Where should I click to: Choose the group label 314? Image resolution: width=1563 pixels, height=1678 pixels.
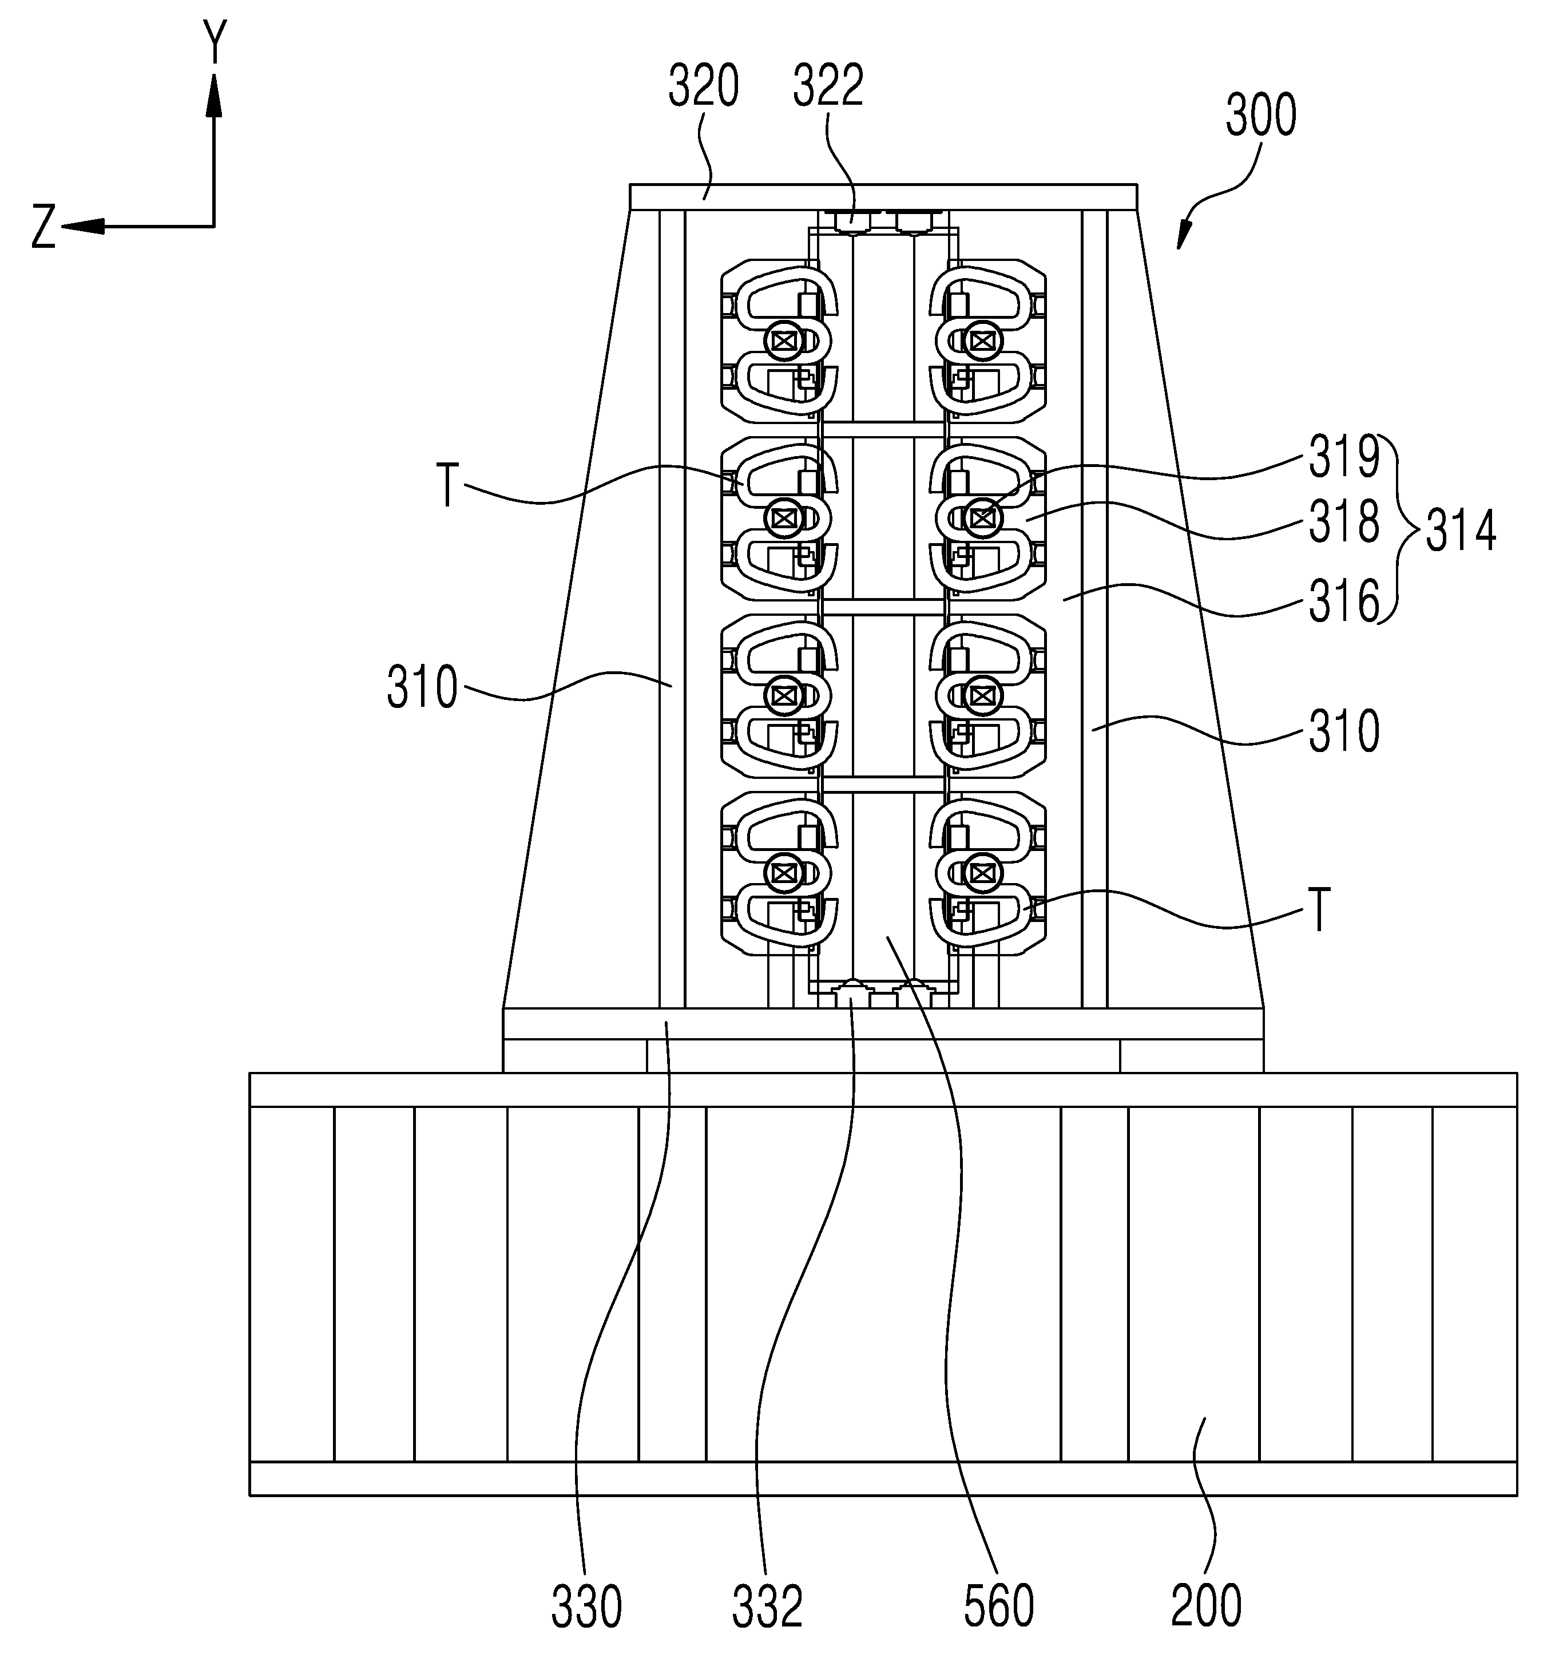pyautogui.click(x=1461, y=532)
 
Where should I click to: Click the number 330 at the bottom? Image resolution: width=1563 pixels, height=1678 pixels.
pyautogui.click(x=586, y=1605)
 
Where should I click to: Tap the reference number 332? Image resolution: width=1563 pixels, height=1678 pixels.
pyautogui.click(x=767, y=1605)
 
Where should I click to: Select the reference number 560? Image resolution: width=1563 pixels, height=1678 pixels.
pyautogui.click(x=998, y=1605)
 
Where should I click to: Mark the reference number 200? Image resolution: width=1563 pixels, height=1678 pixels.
pyautogui.click(x=1206, y=1605)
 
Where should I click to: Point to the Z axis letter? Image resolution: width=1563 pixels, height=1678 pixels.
pyautogui.click(x=44, y=228)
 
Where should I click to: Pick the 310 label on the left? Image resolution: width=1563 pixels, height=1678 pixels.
pyautogui.click(x=422, y=688)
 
